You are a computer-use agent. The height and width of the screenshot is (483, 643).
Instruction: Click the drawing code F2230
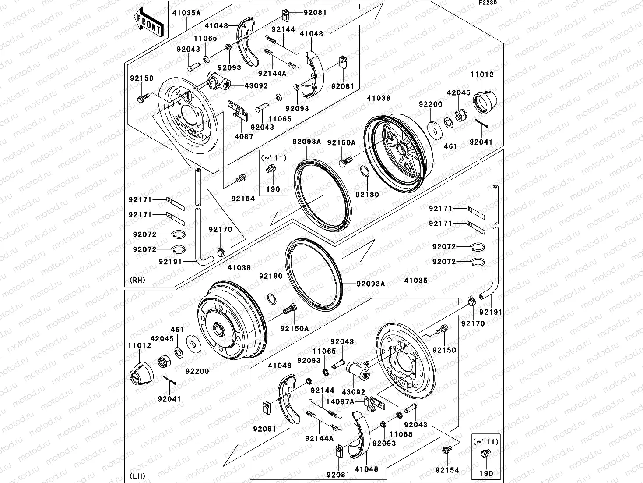(488, 3)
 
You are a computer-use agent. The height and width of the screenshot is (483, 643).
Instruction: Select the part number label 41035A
(186, 13)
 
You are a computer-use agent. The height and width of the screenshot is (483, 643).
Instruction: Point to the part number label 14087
(241, 136)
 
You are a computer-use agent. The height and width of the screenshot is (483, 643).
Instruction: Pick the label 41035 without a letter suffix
(415, 281)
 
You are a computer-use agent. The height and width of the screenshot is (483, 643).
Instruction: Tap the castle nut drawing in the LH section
(163, 360)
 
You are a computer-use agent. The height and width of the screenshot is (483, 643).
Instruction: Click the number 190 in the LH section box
(486, 473)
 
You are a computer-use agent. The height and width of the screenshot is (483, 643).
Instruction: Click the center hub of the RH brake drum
(399, 149)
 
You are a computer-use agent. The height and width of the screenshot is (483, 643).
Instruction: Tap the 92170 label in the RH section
(220, 229)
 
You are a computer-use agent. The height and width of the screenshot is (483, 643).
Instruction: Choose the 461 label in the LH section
(177, 330)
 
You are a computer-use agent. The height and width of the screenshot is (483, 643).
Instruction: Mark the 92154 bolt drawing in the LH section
(446, 450)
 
